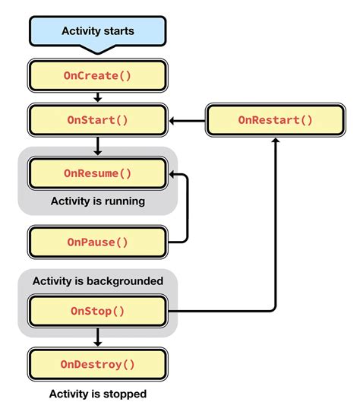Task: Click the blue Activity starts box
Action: pyautogui.click(x=96, y=32)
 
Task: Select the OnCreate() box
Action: pyautogui.click(x=96, y=76)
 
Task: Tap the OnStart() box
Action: pyautogui.click(x=96, y=120)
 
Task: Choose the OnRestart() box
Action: pyautogui.click(x=275, y=120)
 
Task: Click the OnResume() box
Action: pyautogui.click(x=96, y=173)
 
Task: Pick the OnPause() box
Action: pyautogui.click(x=96, y=242)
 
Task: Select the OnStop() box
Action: pyautogui.click(x=96, y=311)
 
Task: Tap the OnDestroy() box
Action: pyautogui.click(x=96, y=364)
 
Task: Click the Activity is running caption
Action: pyautogui.click(x=97, y=201)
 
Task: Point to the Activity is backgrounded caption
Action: pyautogui.click(x=97, y=281)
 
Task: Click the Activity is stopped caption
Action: pyautogui.click(x=97, y=394)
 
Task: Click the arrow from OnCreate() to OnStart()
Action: pyautogui.click(x=97, y=98)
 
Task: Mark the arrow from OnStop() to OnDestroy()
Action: pyautogui.click(x=97, y=336)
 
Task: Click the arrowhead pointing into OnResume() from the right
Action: pyautogui.click(x=173, y=174)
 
